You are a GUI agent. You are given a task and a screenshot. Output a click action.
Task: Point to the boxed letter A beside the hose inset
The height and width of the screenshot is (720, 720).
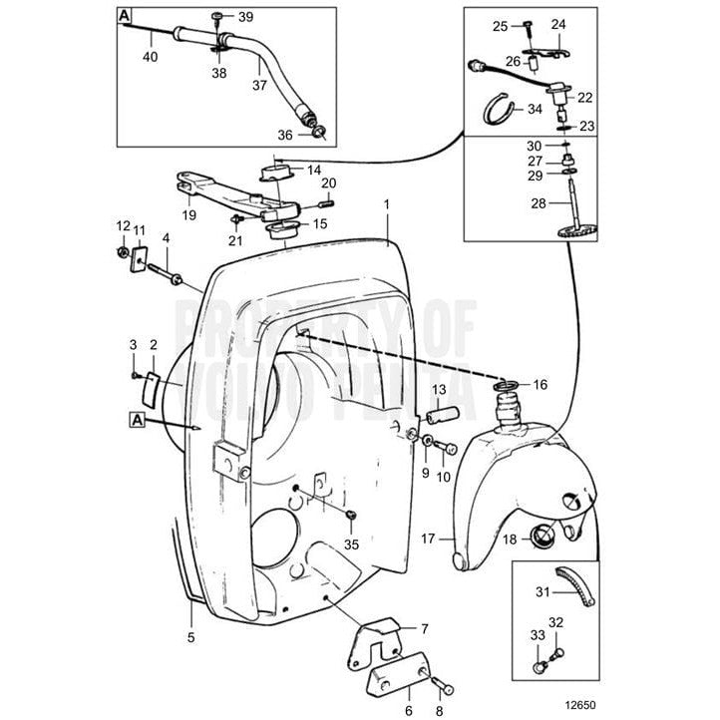125,16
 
